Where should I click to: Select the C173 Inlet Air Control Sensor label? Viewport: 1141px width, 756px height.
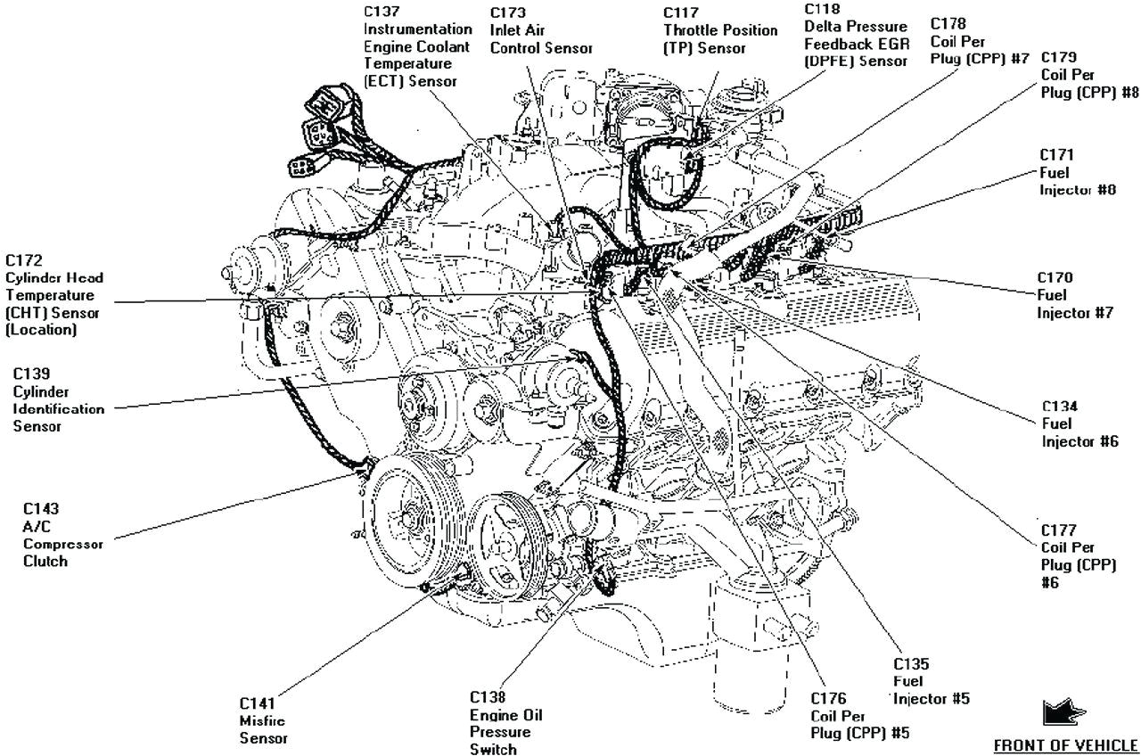[540, 30]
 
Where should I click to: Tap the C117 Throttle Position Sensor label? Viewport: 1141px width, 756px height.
[719, 30]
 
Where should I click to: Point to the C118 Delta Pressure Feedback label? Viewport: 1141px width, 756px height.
[855, 35]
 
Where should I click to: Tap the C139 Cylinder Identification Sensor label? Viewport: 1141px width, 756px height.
[58, 400]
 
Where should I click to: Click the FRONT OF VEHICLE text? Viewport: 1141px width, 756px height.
[1065, 744]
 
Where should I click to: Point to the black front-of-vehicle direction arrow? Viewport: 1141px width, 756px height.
[1063, 713]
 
